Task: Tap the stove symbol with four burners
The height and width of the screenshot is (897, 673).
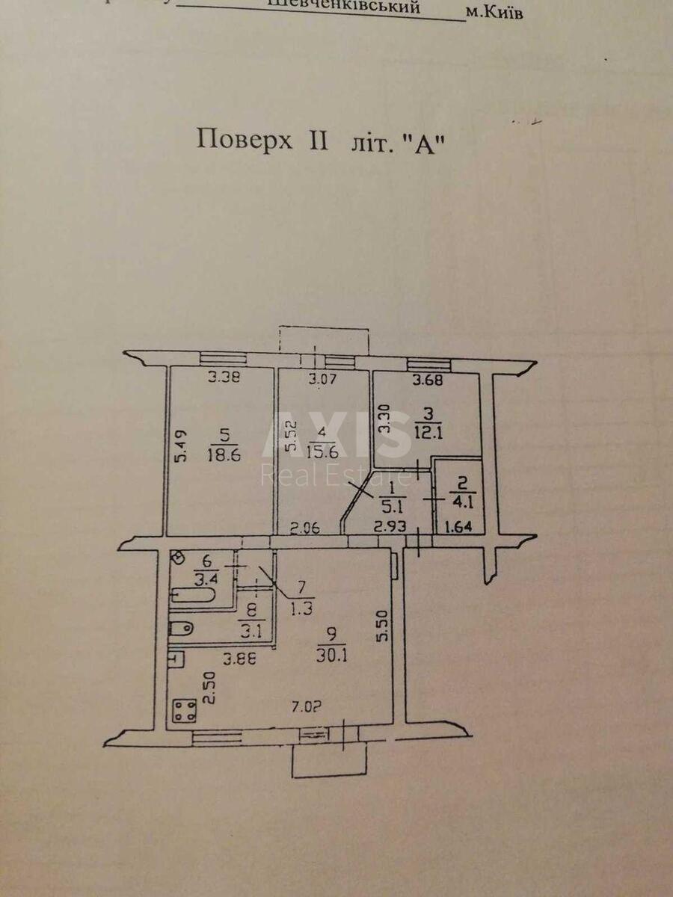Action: click(184, 709)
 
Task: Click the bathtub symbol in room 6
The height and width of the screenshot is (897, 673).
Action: click(193, 596)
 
